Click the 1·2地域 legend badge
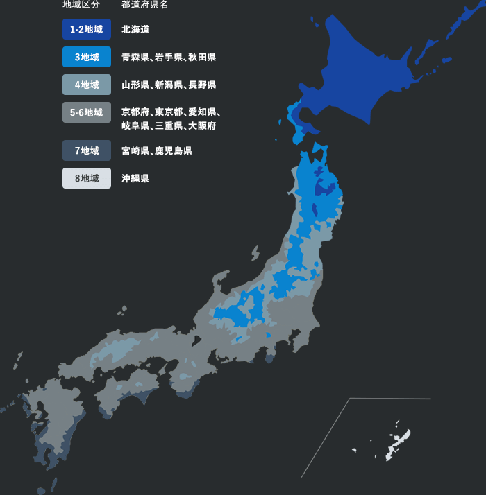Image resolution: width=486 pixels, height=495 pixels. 86,29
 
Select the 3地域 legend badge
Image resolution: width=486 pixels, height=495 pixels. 86,57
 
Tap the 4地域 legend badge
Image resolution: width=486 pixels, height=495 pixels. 86,85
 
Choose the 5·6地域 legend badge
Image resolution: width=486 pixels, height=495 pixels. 86,112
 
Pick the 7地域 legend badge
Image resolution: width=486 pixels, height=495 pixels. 86,150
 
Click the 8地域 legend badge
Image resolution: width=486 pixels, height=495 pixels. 86,178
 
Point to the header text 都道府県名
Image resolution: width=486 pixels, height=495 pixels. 144,5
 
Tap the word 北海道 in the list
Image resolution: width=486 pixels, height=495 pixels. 135,30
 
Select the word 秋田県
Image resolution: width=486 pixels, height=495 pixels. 202,58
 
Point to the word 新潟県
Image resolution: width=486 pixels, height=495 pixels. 169,85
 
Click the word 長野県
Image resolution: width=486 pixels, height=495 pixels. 202,85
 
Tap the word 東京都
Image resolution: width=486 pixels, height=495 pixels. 169,112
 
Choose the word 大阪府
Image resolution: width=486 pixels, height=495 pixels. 202,126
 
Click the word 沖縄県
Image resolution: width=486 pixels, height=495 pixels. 135,178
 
